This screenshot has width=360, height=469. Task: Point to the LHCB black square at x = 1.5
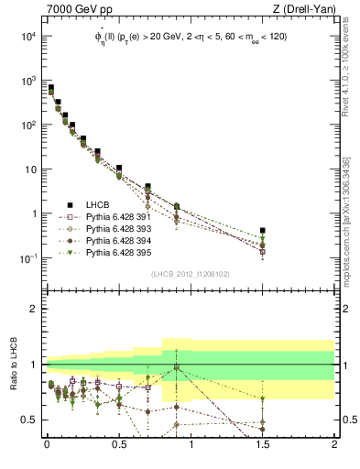263,231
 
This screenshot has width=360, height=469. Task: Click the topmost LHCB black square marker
51,88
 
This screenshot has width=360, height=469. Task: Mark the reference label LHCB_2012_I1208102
191,273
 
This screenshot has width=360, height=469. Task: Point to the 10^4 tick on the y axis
27,37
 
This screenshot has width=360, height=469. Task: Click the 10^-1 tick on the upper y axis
27,258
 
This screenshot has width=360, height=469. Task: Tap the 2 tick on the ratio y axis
35,309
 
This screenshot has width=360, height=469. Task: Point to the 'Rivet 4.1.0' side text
345,69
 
